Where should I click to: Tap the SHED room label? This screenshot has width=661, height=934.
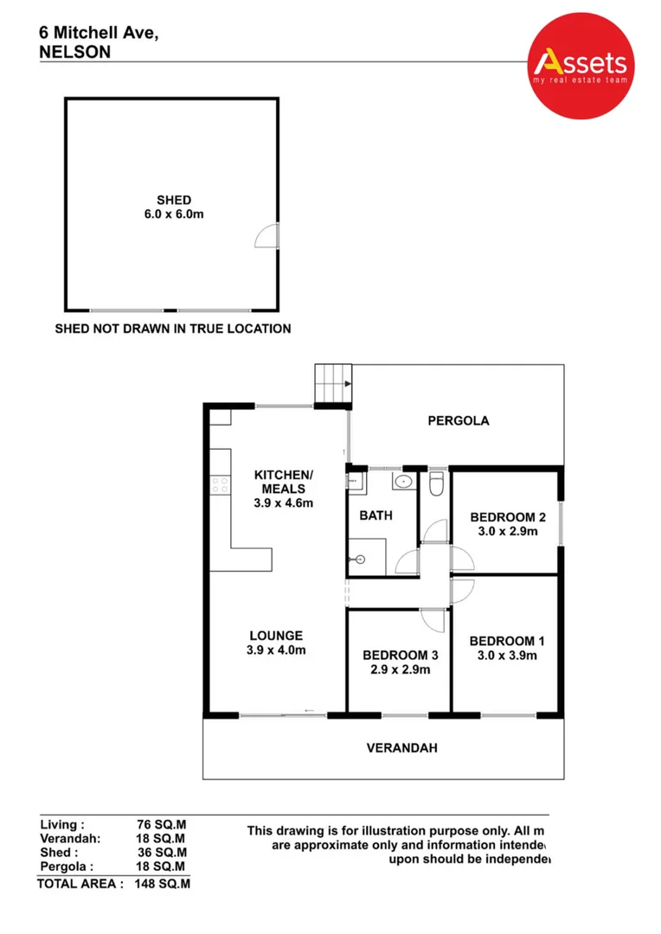[x=174, y=201]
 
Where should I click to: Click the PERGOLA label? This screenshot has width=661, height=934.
[x=459, y=421]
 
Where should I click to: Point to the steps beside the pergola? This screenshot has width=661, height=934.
[x=332, y=384]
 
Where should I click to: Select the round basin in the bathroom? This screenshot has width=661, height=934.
[x=404, y=481]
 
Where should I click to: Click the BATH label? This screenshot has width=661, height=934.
[x=375, y=515]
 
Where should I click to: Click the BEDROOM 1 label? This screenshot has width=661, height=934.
[x=507, y=641]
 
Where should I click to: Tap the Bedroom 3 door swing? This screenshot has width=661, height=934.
[x=433, y=620]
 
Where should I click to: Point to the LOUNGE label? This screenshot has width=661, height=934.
[x=276, y=635]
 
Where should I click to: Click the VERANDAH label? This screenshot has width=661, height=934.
[x=401, y=747]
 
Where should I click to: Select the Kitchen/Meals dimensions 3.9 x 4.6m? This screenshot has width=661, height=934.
[x=282, y=502]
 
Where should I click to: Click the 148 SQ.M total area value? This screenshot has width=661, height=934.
[x=163, y=884]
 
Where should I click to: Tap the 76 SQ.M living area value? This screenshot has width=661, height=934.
[x=162, y=825]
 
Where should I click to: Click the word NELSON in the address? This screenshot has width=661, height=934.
[x=74, y=51]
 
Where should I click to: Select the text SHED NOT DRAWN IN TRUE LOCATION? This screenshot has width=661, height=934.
[x=173, y=329]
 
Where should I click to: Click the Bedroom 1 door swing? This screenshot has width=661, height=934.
[x=462, y=592]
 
